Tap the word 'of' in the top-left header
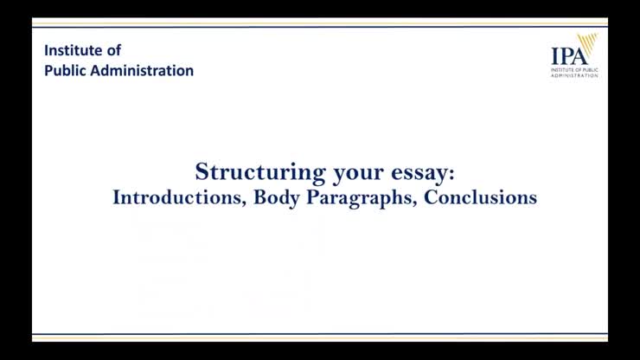click(x=115, y=50)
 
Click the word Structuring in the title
click(x=251, y=171)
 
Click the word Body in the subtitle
click(x=276, y=198)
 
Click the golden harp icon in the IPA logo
click(x=588, y=45)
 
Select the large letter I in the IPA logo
click(x=554, y=55)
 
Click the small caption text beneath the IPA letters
click(x=574, y=71)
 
